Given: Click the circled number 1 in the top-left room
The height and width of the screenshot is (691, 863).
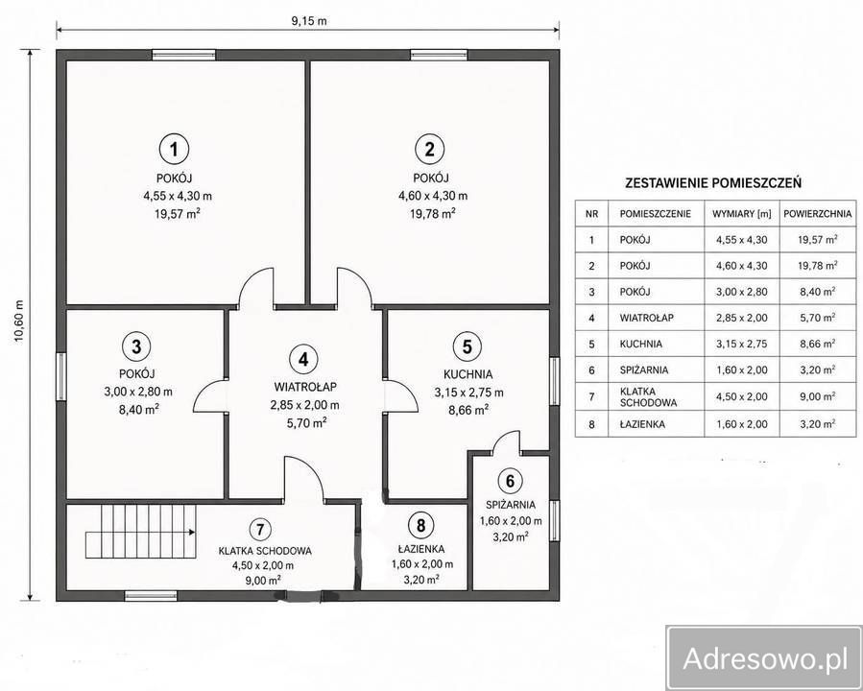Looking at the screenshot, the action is coord(174,149).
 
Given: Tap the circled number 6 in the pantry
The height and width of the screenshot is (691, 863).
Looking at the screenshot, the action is coord(510,482).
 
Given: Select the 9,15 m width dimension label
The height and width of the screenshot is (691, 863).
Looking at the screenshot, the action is coord(309,21).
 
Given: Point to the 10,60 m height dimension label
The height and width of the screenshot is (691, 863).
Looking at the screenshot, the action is coord(20,322).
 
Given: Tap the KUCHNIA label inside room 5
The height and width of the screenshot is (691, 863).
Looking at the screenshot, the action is coord(467,374).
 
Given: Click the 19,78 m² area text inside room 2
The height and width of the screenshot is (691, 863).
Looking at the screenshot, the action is coord(432,213).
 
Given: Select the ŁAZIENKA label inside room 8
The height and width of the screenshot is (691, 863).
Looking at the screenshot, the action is coord(421,549).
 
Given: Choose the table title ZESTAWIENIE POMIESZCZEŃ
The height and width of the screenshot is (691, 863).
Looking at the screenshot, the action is coord(713,183).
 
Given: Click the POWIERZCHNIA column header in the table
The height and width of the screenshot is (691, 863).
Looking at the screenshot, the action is coord(817,214).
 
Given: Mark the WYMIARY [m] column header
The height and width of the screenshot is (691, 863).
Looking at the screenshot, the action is coord(741,214).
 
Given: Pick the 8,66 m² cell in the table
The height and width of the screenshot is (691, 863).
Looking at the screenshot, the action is coord(817,344).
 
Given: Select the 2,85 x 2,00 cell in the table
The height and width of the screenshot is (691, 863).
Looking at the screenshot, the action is coord(741,318).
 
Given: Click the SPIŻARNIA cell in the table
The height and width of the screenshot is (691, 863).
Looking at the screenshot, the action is coord(644,369).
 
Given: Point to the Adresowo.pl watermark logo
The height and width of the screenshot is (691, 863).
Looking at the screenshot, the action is coord(764,658).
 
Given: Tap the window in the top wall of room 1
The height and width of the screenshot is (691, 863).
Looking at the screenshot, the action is coord(183,55).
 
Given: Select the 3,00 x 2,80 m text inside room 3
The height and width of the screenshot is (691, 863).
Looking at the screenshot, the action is coord(138,392).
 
